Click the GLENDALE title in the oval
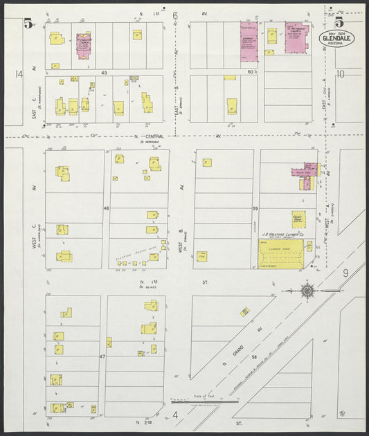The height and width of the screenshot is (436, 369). click(x=336, y=38)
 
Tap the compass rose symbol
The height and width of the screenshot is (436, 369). click(x=307, y=291)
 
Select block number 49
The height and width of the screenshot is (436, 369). click(x=105, y=72)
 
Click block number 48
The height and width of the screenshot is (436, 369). click(x=107, y=208)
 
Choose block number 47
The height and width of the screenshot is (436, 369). click(x=102, y=356)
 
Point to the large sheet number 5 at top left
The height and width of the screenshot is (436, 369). click(x=28, y=23)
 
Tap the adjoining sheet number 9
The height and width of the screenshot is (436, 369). click(x=345, y=273)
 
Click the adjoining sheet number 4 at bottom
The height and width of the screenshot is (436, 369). click(x=175, y=415)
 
